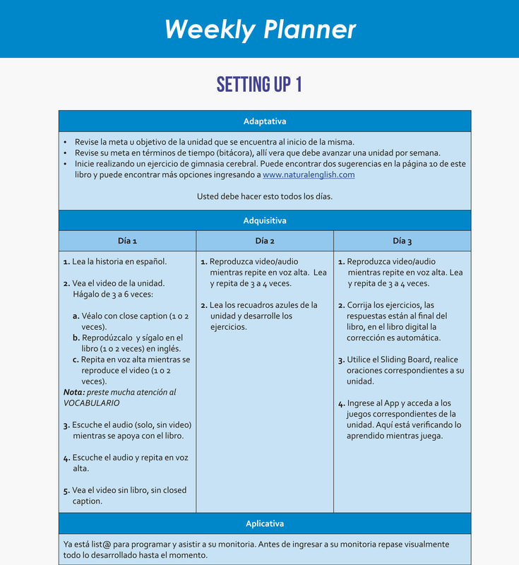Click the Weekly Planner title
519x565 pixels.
260,29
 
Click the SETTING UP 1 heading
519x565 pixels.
259,85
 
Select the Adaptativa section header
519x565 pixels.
265,121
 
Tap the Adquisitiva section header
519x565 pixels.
265,220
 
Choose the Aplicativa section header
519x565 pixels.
265,523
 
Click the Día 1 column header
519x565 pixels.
127,241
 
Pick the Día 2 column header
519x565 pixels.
265,241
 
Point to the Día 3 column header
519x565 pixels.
402,241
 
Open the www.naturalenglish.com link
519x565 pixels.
309,174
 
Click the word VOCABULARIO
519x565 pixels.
92,403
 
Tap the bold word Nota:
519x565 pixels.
74,392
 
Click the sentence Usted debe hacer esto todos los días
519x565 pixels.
265,196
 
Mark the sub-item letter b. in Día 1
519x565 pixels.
76,338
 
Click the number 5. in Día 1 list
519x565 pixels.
66,490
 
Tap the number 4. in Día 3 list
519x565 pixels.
341,403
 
